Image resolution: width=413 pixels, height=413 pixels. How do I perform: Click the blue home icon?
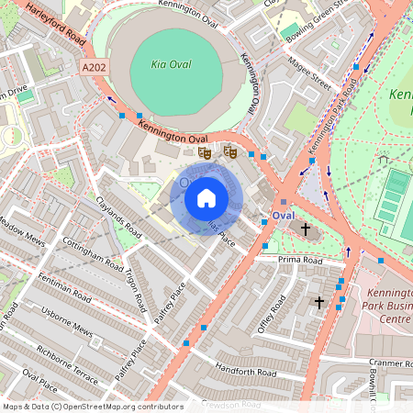pos(206,196)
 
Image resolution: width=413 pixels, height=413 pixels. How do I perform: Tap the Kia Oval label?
pos(173,65)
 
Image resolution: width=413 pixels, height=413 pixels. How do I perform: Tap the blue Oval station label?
pos(283,215)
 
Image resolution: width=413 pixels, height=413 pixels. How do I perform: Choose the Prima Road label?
pos(302,261)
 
